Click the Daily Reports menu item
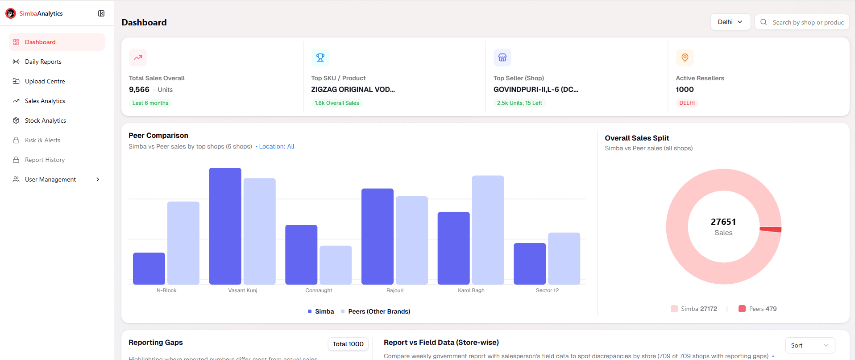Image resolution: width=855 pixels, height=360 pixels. click(x=43, y=62)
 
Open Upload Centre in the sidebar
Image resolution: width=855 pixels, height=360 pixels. click(x=45, y=81)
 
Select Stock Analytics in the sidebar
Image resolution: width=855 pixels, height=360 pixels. click(x=45, y=120)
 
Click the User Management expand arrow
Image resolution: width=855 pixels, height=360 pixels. click(x=98, y=179)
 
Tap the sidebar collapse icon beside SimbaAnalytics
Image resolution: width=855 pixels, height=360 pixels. click(x=101, y=13)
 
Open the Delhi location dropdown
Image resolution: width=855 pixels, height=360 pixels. click(x=730, y=22)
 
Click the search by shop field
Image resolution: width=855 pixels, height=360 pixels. click(x=808, y=22)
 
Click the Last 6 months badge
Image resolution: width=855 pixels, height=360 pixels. click(x=150, y=103)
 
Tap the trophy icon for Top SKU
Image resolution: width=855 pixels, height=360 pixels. click(x=320, y=58)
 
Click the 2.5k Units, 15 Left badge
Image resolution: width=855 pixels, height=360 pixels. click(x=519, y=103)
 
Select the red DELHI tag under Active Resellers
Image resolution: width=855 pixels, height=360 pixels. click(x=687, y=103)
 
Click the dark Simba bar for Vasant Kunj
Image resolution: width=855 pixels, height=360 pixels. click(x=225, y=226)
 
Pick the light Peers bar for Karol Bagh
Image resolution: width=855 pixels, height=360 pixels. click(x=488, y=230)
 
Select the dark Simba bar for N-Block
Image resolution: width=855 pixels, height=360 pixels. click(x=149, y=268)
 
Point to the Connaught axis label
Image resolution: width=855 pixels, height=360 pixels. click(x=319, y=290)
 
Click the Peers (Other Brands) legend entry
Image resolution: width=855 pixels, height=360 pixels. click(x=379, y=311)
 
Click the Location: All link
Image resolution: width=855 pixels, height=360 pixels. click(x=277, y=146)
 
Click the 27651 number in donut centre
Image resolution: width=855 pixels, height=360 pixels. click(x=723, y=222)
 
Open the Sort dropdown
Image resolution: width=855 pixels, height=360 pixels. click(x=809, y=345)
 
